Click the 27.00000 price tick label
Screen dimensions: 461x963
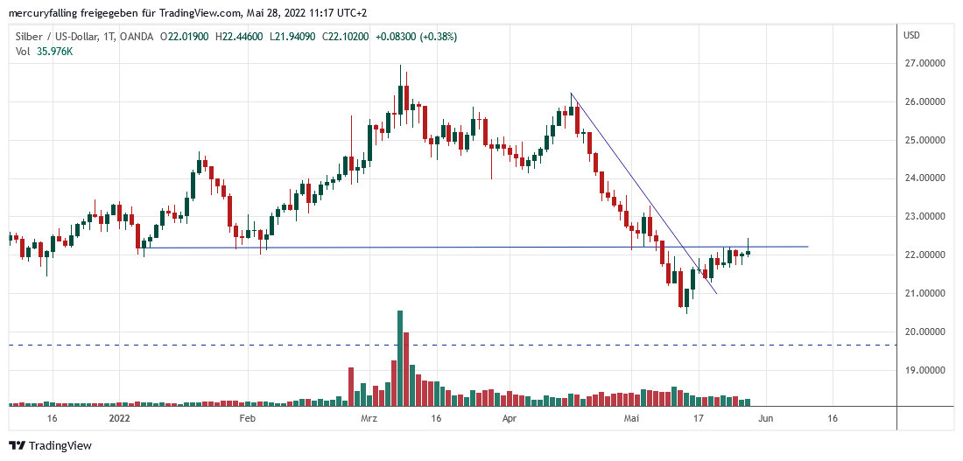tap(929, 64)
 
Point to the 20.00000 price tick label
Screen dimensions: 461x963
tap(929, 332)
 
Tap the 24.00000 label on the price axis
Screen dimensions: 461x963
tap(929, 178)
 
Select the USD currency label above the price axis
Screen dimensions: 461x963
tap(911, 36)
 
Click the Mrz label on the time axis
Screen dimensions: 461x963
tap(369, 419)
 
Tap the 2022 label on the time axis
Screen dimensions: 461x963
tap(119, 419)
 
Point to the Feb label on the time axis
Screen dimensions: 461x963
tap(247, 419)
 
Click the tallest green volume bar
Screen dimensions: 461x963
tap(400, 359)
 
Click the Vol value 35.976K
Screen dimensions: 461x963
tap(54, 52)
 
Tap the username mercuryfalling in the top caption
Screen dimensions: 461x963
tap(43, 13)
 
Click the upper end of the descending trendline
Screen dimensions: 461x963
tap(571, 94)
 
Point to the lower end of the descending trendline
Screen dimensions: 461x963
tap(717, 294)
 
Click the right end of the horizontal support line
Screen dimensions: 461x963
tap(807, 247)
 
